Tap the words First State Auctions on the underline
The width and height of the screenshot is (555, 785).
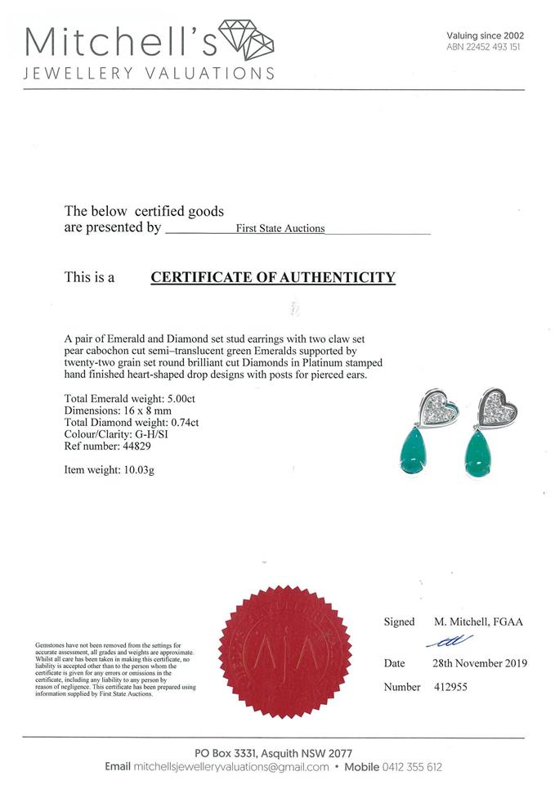(x=280, y=229)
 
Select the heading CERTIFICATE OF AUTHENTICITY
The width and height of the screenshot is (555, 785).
(x=273, y=277)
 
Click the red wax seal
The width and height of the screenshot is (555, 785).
(x=286, y=651)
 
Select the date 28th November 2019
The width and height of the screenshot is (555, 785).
(x=479, y=663)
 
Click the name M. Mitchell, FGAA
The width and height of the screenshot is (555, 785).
(x=479, y=622)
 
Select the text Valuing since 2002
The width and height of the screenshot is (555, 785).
(x=485, y=35)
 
